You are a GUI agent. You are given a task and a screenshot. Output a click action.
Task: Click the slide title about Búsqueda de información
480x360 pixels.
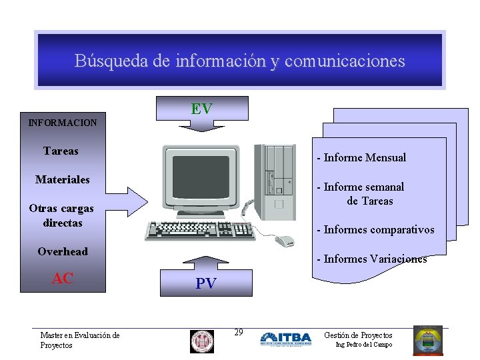pos(239,61)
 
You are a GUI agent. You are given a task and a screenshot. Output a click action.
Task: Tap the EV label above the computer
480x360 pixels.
pos(201,109)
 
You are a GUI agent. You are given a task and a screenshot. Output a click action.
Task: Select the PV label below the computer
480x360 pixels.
pos(205,283)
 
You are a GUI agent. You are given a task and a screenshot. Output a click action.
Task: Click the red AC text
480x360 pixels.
pos(63,279)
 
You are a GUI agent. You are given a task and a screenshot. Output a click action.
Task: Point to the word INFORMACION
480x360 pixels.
pos(63,123)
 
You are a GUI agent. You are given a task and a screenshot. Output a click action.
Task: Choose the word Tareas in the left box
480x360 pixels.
pos(61,151)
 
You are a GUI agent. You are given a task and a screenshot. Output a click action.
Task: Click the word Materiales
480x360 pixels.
pos(63,179)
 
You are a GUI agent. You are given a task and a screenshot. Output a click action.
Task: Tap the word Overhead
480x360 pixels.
pos(63,251)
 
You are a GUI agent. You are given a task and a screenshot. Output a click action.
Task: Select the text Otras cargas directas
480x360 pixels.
pos(61,215)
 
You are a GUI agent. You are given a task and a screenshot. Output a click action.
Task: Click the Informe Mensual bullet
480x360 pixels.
pos(364,158)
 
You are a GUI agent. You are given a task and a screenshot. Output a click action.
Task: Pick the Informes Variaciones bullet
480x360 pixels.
pos(375,259)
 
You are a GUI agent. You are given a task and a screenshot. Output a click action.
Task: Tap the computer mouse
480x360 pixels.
pos(285,241)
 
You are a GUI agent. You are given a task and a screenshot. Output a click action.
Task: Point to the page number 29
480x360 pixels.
pos(239,332)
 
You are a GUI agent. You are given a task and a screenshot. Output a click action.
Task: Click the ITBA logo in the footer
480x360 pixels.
pos(286,339)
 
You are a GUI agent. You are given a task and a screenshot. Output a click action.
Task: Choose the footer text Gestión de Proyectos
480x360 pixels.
pos(358,335)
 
